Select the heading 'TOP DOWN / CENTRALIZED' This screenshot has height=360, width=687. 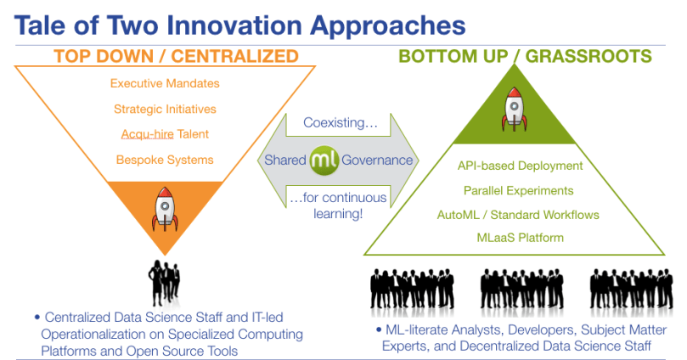[177, 57]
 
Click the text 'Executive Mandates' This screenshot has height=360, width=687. [165, 84]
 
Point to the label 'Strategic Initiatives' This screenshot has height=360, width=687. [165, 109]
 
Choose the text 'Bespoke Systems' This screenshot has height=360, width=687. [165, 159]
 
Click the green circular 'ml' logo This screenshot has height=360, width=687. [324, 160]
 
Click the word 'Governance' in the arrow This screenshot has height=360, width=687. [378, 160]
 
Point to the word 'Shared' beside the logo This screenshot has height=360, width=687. [284, 160]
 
